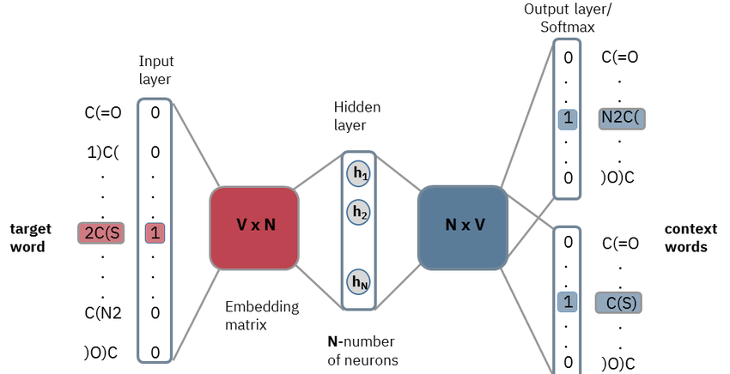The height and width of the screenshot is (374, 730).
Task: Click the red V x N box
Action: point(254,226)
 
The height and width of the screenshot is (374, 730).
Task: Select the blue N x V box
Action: point(464,226)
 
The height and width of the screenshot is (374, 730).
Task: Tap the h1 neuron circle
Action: point(359,173)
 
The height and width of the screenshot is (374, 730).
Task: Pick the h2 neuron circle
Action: point(359,212)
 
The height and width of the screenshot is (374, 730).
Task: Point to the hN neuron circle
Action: point(359,280)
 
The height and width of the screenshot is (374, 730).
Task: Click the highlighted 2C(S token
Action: point(101,232)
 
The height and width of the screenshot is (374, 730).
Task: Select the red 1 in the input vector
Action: point(155,232)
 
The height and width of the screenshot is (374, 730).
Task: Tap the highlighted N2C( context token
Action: point(622,119)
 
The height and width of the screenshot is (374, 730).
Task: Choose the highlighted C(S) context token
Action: point(618,302)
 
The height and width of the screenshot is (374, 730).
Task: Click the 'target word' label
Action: point(30,238)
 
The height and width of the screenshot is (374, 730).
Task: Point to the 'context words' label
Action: point(686,238)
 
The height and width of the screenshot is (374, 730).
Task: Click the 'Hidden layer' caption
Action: point(357,117)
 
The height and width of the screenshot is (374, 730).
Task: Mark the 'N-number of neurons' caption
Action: point(363,350)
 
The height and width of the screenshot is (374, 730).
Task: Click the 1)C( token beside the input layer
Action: point(103,153)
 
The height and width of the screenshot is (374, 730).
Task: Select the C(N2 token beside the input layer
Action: point(103,312)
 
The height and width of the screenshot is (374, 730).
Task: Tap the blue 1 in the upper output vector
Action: point(567,119)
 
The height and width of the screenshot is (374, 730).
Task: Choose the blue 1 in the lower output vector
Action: point(567,302)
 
